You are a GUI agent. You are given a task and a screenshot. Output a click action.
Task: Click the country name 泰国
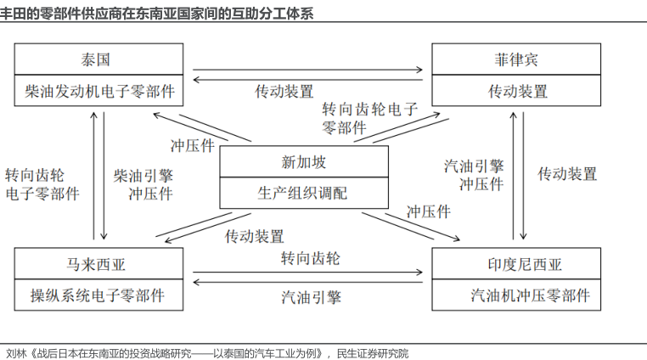click(98, 60)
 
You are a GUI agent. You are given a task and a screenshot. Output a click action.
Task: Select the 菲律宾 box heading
click(517, 60)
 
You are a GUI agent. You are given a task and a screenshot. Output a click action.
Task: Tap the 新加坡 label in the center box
click(303, 162)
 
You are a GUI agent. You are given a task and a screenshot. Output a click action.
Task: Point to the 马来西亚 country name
click(98, 264)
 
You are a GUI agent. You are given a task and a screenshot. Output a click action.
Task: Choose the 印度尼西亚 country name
click(517, 264)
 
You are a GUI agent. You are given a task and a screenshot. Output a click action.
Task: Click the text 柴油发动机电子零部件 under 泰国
click(99, 91)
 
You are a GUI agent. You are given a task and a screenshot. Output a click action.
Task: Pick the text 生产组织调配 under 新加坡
click(303, 193)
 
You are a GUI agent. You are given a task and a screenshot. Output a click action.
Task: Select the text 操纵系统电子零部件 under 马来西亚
click(98, 295)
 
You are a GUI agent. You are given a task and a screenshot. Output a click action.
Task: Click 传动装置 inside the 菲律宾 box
click(517, 91)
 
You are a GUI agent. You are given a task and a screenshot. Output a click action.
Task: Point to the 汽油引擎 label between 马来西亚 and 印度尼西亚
click(311, 297)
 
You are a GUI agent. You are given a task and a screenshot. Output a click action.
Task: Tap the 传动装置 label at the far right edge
click(567, 174)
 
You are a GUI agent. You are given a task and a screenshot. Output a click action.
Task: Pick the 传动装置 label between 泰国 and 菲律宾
click(284, 91)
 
